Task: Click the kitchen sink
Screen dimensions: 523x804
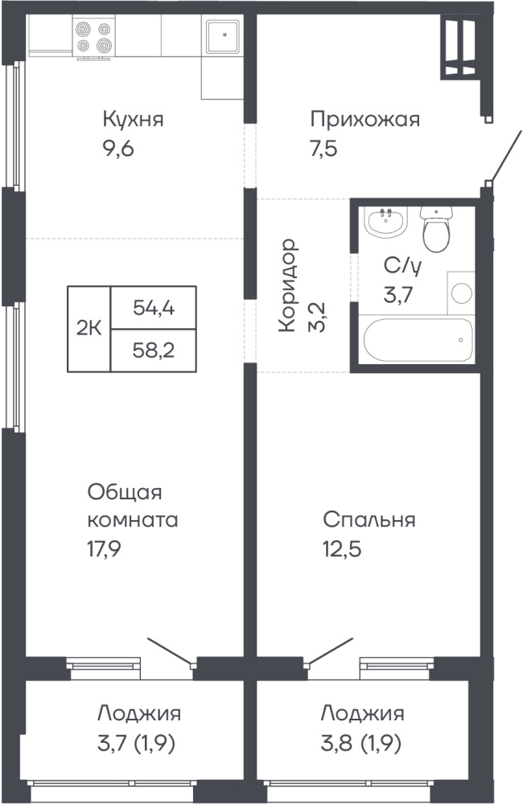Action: point(223,36)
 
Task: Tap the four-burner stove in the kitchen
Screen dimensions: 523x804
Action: point(93,38)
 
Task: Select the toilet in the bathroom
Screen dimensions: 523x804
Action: point(436,228)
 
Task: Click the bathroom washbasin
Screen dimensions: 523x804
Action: point(386,222)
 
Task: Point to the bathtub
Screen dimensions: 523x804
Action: point(418,340)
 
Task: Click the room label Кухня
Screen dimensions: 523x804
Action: point(134,120)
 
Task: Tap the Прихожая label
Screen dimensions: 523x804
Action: point(365,120)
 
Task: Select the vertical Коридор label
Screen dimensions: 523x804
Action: point(288,285)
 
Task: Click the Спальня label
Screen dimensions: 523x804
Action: point(369,519)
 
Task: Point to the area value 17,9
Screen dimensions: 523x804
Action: point(104,549)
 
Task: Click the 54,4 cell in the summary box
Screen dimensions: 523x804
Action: point(154,308)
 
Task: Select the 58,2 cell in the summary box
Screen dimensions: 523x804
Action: point(154,351)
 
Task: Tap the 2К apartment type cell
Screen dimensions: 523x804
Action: point(89,328)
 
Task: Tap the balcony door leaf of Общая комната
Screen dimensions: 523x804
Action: point(170,652)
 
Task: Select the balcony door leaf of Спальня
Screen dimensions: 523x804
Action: point(330,652)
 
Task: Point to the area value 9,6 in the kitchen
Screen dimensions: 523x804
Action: point(118,150)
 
